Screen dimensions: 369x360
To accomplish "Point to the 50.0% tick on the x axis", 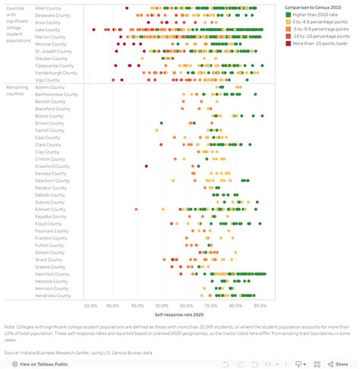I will [x=162, y=306].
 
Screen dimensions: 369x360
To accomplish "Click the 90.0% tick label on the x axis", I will [x=259, y=306].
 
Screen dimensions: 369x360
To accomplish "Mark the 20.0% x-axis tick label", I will [x=90, y=306].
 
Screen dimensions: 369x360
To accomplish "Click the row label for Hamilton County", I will [x=52, y=274].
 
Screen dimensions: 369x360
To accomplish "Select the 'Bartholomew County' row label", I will [x=56, y=94].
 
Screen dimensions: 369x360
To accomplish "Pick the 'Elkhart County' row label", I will [x=51, y=210].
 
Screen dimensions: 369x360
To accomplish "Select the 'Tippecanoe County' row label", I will [x=55, y=65].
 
